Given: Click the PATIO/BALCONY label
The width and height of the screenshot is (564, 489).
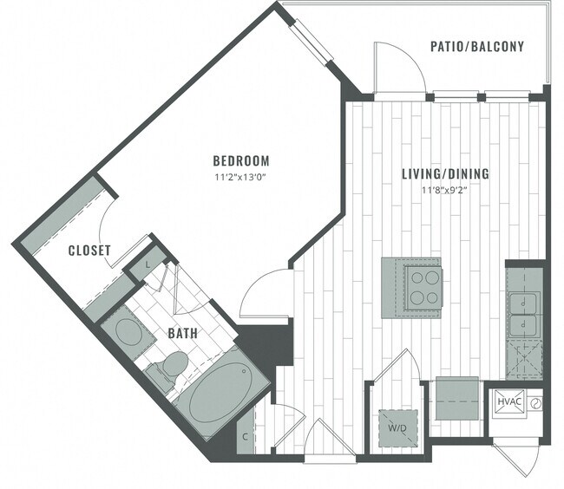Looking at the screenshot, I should (477, 46).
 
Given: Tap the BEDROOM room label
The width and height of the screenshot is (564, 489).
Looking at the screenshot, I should (241, 160).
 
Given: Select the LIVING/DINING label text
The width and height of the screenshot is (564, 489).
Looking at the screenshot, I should (445, 173).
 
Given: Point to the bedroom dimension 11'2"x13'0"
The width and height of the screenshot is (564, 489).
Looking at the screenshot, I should (241, 179).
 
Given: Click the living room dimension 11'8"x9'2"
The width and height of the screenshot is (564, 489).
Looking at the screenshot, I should (445, 190).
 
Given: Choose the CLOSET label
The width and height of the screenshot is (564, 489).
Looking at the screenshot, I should (90, 251).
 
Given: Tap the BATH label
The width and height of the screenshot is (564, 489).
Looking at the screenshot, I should (182, 332).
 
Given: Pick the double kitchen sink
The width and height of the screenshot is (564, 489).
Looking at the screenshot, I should (524, 315).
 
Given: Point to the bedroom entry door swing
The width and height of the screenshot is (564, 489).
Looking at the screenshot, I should (265, 295).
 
